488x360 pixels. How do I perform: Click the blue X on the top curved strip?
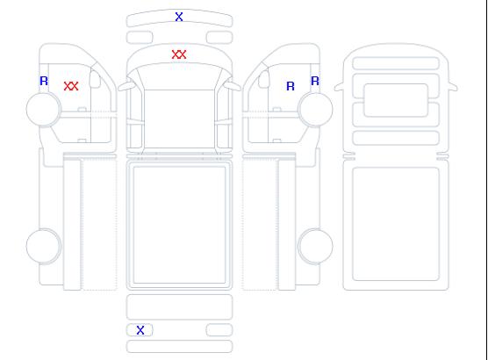coord(179,17)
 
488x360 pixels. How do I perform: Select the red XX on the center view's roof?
coord(179,54)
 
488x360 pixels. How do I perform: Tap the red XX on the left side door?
coord(71,86)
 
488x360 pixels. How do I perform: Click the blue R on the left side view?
coord(44,81)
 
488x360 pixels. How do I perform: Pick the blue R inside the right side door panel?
coord(291,86)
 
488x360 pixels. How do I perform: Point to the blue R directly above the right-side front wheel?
coord(315,81)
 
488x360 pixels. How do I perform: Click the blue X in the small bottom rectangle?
coord(140,330)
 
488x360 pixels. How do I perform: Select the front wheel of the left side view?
coord(44,109)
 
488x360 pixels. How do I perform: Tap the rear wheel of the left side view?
coord(44,246)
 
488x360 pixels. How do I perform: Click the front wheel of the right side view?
coord(315,109)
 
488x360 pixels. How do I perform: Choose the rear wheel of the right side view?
coord(315,246)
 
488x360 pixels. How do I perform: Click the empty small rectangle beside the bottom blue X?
coord(219,330)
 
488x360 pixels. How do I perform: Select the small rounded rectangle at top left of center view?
coord(140,38)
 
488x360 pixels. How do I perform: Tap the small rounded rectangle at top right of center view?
coord(219,38)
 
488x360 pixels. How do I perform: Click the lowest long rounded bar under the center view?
coord(179,347)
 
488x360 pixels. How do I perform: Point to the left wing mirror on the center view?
coord(126,86)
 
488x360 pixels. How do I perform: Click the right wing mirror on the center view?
coord(233,85)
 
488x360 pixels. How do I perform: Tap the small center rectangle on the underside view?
coord(396,100)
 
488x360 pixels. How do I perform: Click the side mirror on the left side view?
coord(95,79)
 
